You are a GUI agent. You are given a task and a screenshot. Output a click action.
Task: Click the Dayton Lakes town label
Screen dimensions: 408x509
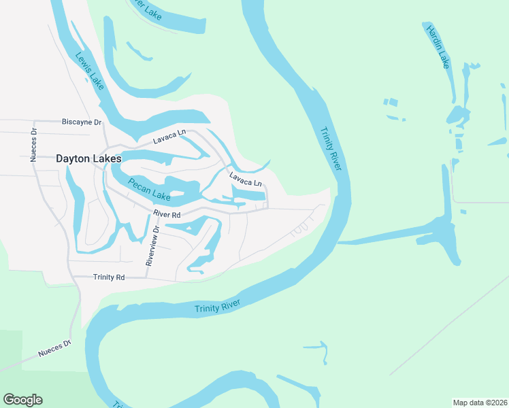88,158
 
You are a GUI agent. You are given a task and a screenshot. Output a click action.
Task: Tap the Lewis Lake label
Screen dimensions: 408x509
90,71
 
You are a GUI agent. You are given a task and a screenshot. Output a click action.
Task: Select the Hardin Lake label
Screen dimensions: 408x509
438,46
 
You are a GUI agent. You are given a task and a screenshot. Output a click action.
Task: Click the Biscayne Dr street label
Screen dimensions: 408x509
81,122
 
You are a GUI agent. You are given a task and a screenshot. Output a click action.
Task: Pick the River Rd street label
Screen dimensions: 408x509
167,214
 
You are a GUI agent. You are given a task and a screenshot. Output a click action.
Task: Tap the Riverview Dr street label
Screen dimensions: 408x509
152,245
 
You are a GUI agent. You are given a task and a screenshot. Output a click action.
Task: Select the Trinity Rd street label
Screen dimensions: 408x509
109,277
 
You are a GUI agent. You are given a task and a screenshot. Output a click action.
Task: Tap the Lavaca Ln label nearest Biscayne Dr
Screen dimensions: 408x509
169,136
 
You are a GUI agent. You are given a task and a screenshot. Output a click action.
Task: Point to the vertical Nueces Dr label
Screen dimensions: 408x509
33,144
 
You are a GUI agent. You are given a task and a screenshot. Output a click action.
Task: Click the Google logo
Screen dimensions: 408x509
22,400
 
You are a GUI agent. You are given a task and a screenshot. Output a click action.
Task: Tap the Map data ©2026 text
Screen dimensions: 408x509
479,402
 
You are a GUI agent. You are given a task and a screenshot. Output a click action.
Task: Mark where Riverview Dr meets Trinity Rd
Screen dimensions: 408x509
146,277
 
